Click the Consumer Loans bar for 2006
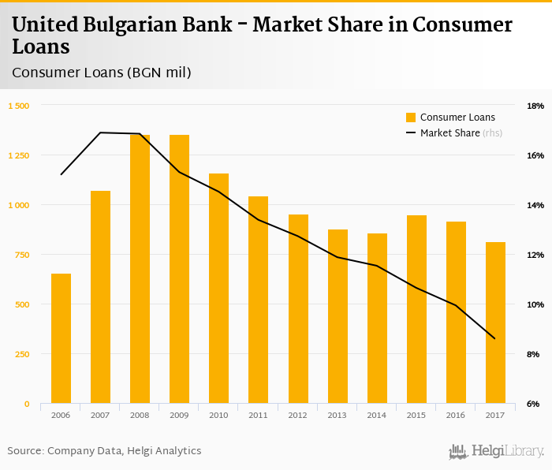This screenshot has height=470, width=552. click(x=61, y=338)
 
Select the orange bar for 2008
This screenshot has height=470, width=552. click(x=140, y=269)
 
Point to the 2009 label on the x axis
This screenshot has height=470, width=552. click(x=179, y=414)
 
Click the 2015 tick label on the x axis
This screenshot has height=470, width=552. click(x=416, y=414)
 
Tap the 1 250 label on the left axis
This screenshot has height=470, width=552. click(x=18, y=155)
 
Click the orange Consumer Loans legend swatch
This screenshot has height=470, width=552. click(x=411, y=117)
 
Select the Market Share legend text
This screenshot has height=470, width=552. click(x=449, y=133)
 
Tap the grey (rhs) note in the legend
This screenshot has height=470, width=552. click(x=492, y=133)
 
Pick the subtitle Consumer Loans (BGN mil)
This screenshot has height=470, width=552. click(x=101, y=73)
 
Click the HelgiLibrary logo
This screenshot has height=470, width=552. click(x=496, y=451)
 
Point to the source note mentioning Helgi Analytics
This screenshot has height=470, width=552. click(x=104, y=450)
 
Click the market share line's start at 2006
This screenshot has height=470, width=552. click(x=61, y=174)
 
